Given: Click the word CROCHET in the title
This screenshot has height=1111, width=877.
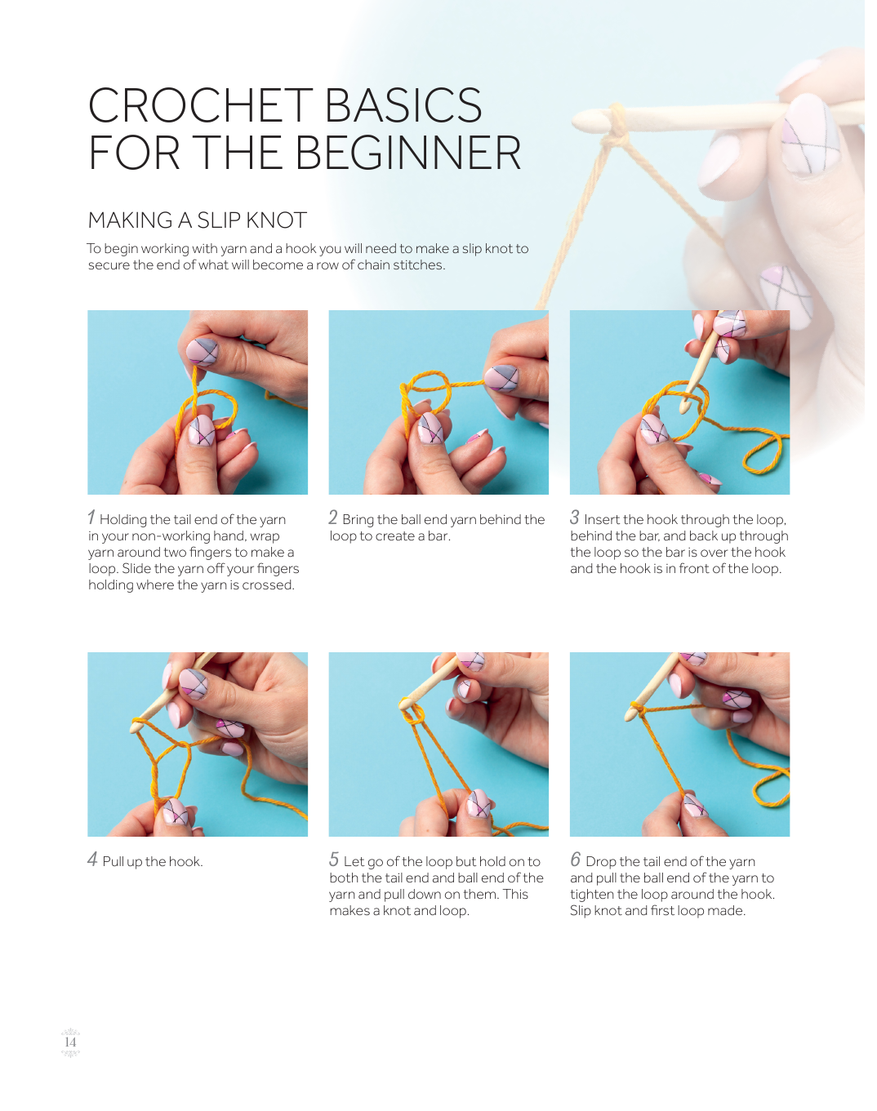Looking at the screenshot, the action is (x=201, y=105).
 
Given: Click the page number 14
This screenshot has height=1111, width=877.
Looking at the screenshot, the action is (x=70, y=1042).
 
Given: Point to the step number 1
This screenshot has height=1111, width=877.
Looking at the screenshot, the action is (x=91, y=517).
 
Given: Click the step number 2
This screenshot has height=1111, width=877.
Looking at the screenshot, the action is (x=333, y=517).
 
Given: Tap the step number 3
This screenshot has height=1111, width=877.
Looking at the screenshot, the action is (x=574, y=517).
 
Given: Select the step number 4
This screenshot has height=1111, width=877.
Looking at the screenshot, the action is (x=92, y=859).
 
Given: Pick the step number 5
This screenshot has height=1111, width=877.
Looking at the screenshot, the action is (x=334, y=859).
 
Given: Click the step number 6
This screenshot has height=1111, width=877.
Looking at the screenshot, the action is (x=576, y=859).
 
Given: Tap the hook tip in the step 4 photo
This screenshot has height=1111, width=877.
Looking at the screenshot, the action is (x=134, y=728).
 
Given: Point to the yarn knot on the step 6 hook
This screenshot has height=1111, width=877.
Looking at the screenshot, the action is (x=639, y=710).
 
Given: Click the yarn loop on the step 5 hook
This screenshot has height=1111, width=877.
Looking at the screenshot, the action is (x=412, y=712).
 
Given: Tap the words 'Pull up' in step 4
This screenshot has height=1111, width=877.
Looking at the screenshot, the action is (x=122, y=862).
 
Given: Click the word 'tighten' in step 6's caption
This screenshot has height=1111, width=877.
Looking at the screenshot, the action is (x=591, y=894).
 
